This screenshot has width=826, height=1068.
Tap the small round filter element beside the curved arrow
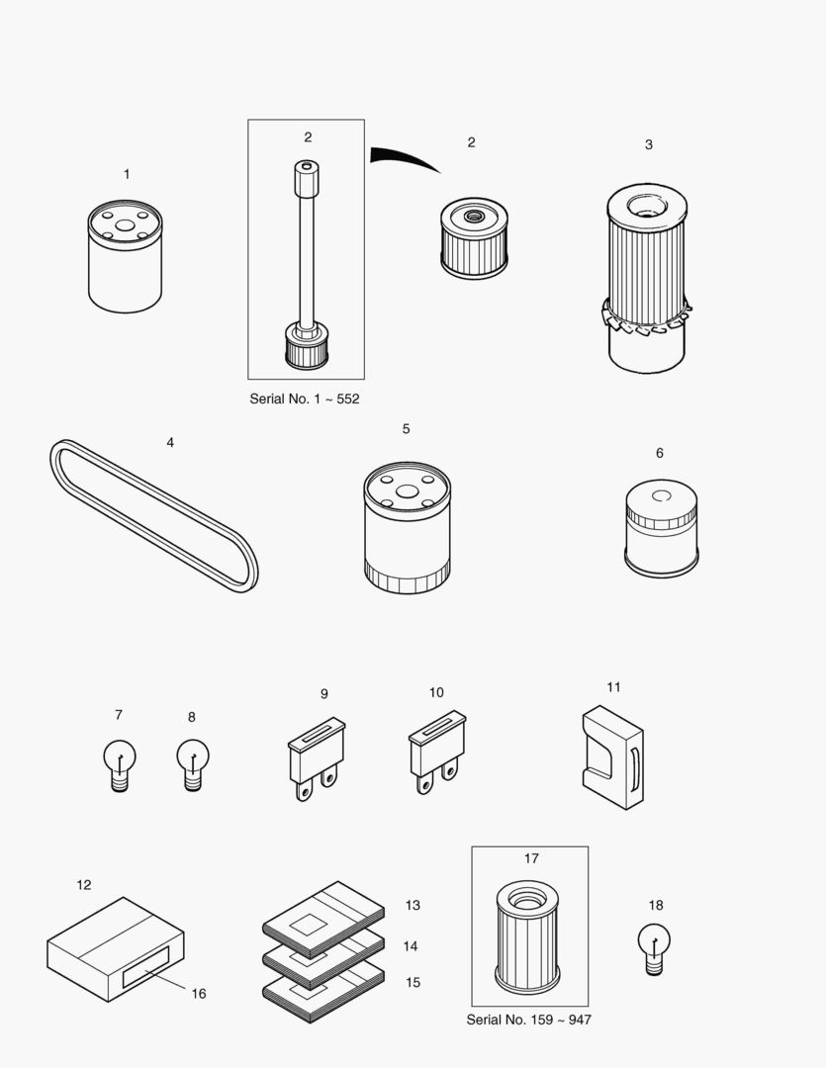(474, 240)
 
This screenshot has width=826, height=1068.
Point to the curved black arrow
(402, 158)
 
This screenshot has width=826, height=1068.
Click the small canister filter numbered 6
(662, 529)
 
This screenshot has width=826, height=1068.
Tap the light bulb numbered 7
(120, 764)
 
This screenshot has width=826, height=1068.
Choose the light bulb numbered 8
(193, 764)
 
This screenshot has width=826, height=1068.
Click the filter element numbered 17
(527, 936)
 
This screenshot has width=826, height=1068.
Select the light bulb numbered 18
(654, 947)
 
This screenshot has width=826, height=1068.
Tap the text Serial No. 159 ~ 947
(528, 1020)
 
